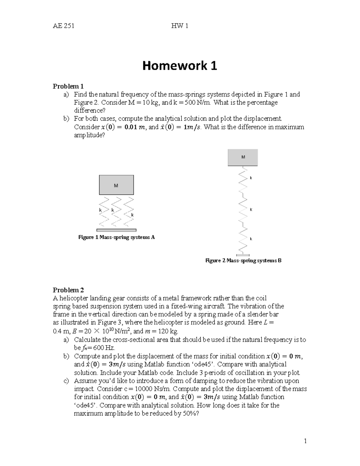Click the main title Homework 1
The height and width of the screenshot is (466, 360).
179,66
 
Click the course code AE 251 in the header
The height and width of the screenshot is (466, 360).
64,26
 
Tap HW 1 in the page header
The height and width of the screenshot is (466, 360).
179,26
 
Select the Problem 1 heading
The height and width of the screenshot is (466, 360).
68,86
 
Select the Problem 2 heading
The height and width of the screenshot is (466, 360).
68,290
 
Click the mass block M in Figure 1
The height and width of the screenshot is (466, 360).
116,185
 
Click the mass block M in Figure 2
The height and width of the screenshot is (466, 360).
243,157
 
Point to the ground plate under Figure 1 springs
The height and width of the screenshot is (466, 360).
116,230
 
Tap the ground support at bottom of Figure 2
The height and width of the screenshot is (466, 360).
243,255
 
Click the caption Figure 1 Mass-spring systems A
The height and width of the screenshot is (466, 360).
116,237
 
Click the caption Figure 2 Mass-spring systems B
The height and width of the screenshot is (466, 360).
243,260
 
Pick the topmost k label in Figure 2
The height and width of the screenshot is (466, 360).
251,178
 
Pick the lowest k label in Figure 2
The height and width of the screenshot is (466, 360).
251,239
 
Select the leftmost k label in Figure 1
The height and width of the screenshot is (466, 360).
100,210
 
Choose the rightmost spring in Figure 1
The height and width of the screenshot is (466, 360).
129,212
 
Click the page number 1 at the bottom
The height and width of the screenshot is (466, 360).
305,441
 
